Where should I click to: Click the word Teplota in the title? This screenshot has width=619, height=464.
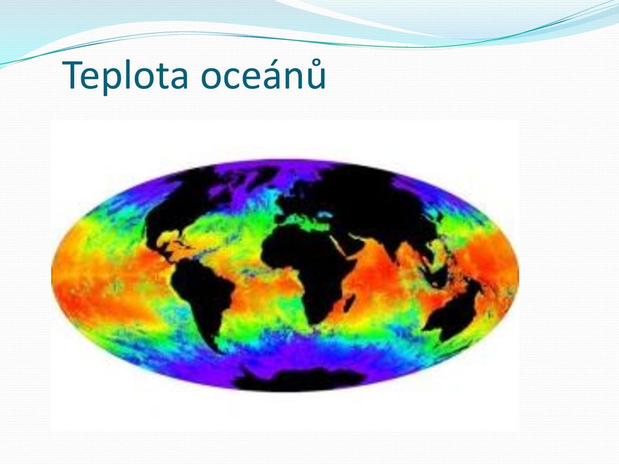pyautogui.click(x=124, y=76)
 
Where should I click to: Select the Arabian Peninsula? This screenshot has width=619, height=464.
pyautogui.click(x=349, y=240)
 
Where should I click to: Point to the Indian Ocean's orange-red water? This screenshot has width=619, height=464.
pyautogui.click(x=375, y=276)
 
